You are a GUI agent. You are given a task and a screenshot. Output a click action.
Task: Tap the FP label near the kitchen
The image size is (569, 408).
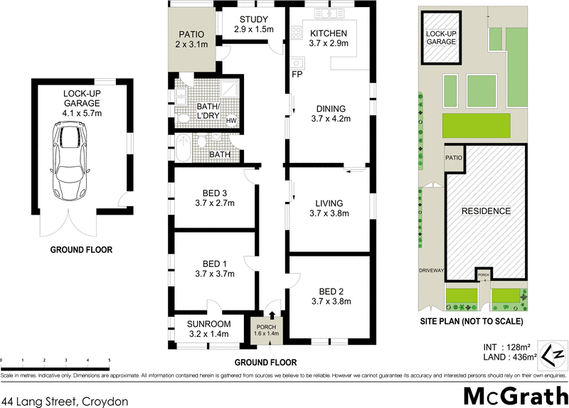[x=296, y=73]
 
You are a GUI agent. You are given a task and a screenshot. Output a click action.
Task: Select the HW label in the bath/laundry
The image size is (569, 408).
[x=231, y=122]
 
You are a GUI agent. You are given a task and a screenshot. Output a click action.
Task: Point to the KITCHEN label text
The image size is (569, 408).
[x=329, y=33]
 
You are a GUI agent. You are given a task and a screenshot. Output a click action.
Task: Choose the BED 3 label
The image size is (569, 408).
[x=215, y=192]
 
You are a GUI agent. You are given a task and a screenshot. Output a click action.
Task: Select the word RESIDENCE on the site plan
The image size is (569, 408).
[x=486, y=211]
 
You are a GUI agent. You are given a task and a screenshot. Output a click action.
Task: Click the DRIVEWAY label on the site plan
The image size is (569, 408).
[x=432, y=271]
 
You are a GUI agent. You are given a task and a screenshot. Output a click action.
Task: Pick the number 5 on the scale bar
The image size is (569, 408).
[x=110, y=361]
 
